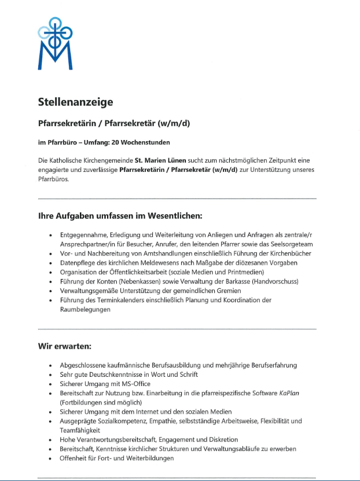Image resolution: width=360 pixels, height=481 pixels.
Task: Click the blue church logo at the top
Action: point(55,43)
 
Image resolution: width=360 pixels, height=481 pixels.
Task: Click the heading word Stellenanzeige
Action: point(75,102)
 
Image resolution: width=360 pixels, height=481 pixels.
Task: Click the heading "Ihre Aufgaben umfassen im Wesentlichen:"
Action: point(120,216)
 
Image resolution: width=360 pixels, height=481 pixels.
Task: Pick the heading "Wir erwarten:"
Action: point(65,347)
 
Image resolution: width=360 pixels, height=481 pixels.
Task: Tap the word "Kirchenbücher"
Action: point(287,254)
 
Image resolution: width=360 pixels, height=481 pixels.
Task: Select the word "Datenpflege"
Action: point(78,263)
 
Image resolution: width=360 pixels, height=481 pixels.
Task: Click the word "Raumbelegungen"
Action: point(85,309)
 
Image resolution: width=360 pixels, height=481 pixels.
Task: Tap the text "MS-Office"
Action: point(135,384)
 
